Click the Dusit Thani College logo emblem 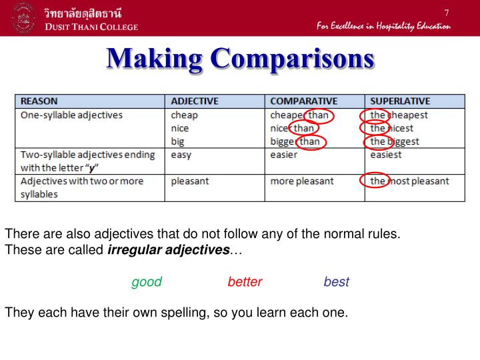coord(24,19)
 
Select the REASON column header coord(39,101)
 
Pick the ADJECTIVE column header coord(195,101)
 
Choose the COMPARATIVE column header coord(304,101)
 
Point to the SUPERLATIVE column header coord(400,101)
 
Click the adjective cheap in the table coord(184,115)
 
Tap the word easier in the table coord(284,155)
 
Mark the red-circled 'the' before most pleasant coord(375,181)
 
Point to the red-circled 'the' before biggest coord(377,141)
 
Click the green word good coord(147,282)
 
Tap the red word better coord(245,282)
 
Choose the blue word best coord(336,282)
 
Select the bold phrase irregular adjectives coord(168,250)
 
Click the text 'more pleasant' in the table coord(301,181)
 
